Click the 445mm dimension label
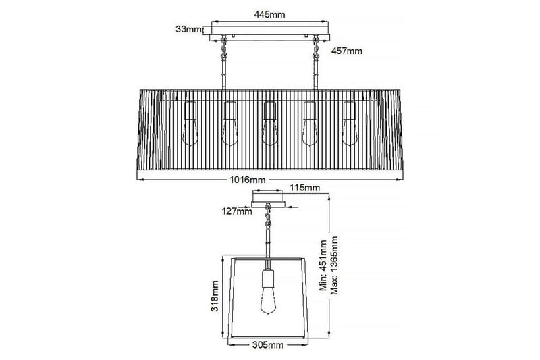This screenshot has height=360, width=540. click(x=269, y=13)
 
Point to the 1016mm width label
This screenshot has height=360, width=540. click(x=248, y=180)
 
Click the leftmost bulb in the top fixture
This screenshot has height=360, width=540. click(x=190, y=126)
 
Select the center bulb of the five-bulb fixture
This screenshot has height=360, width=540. click(x=269, y=126)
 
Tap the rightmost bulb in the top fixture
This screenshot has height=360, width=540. click(x=349, y=126)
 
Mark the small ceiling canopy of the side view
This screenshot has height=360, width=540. click(x=269, y=201)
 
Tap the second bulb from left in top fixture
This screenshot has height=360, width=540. click(x=230, y=126)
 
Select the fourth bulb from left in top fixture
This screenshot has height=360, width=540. click(x=309, y=126)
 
